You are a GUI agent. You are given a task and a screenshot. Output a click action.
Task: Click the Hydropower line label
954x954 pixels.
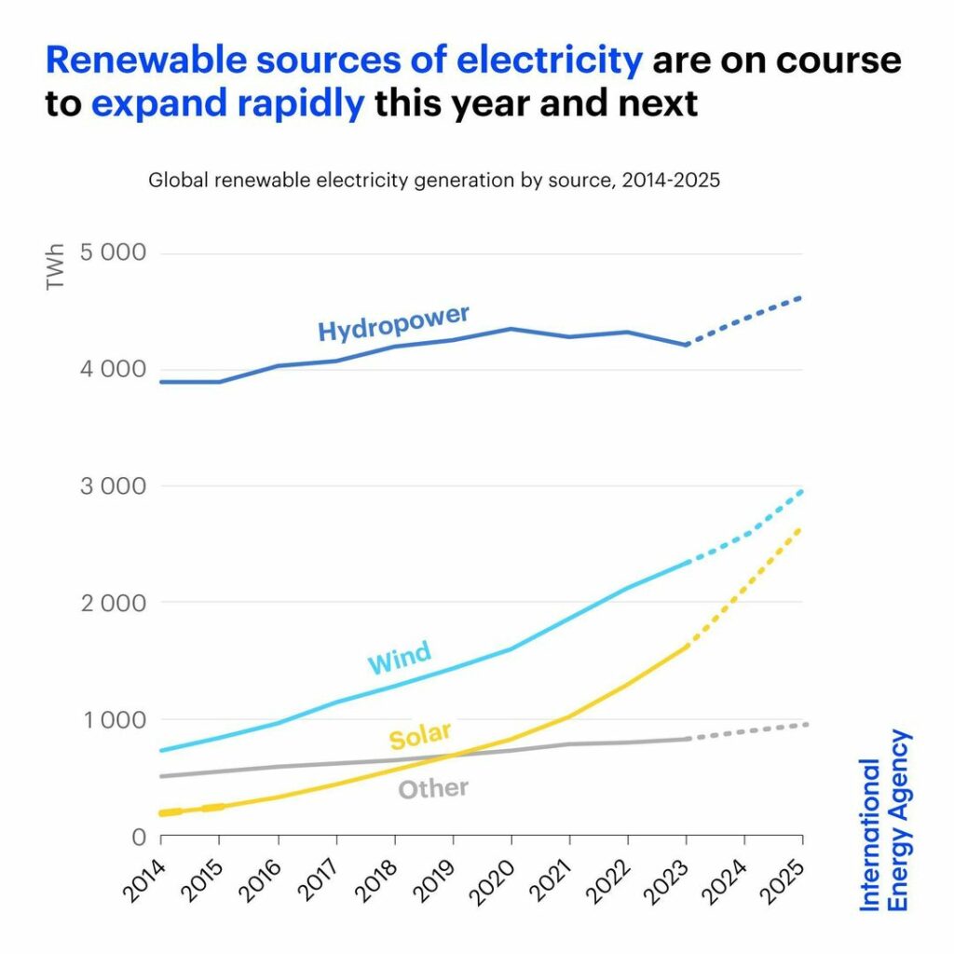393,322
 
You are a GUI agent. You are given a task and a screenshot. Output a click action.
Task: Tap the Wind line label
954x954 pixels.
399,658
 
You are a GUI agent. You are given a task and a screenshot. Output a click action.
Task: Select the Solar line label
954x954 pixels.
420,735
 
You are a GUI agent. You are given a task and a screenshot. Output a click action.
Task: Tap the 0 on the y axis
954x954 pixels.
139,836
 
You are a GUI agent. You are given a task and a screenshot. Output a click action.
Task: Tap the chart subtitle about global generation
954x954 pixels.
434,181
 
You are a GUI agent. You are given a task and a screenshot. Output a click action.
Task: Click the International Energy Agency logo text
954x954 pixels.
884,820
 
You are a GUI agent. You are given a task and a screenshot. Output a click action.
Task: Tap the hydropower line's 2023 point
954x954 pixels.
687,345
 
